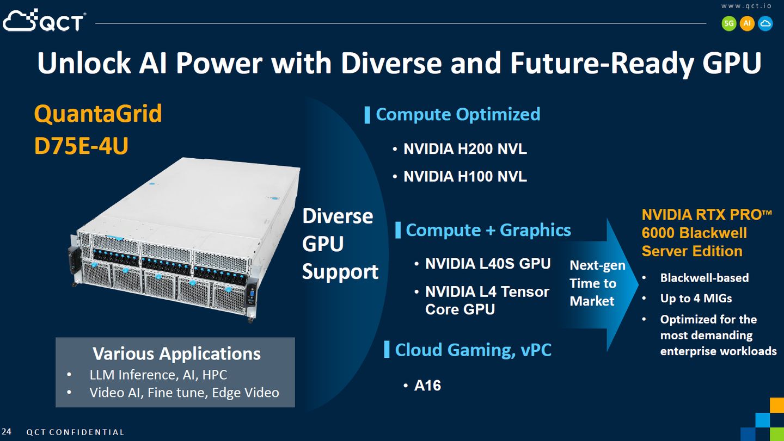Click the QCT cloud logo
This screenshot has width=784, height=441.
click(x=44, y=21)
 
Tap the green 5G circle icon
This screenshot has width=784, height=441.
click(x=729, y=23)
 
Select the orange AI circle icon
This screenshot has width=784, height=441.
click(x=747, y=23)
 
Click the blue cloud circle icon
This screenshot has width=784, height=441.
click(x=765, y=23)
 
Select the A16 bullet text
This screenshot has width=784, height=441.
click(x=427, y=386)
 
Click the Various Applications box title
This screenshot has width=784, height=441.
click(x=177, y=353)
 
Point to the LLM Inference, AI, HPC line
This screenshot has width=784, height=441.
click(x=158, y=375)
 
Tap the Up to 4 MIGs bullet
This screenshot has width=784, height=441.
click(x=696, y=299)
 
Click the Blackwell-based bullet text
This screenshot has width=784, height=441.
click(x=704, y=278)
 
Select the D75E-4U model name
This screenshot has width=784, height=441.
click(x=81, y=146)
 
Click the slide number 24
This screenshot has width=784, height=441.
click(x=7, y=432)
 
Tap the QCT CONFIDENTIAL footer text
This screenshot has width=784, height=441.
click(x=75, y=432)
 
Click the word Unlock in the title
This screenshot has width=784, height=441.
click(x=84, y=63)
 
